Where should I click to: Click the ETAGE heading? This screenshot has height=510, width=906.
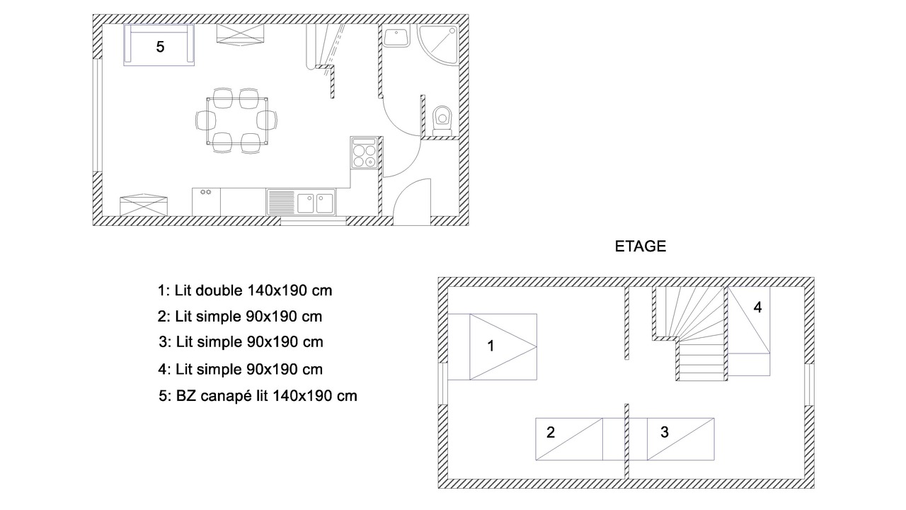click(641, 246)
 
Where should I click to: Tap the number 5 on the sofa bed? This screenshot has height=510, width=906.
click(160, 47)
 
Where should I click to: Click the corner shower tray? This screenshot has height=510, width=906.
click(438, 45)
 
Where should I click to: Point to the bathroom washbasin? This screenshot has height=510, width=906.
click(396, 37)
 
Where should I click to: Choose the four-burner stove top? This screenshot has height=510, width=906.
click(364, 153)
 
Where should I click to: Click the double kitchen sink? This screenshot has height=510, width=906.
click(302, 202)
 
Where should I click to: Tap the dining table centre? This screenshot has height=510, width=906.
click(236, 120)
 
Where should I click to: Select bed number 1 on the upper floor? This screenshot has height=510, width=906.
click(492, 347)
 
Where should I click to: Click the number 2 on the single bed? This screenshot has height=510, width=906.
click(551, 432)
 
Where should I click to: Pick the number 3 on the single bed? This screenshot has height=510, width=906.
click(665, 432)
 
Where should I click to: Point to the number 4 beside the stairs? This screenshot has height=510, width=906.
click(757, 307)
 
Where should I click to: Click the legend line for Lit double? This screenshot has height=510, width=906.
click(245, 290)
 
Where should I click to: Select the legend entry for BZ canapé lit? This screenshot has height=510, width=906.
click(258, 396)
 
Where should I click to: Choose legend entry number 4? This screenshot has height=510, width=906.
click(241, 370)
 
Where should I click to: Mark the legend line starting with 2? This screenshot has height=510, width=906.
click(240, 317)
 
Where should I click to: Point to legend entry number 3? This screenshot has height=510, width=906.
click(241, 342)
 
